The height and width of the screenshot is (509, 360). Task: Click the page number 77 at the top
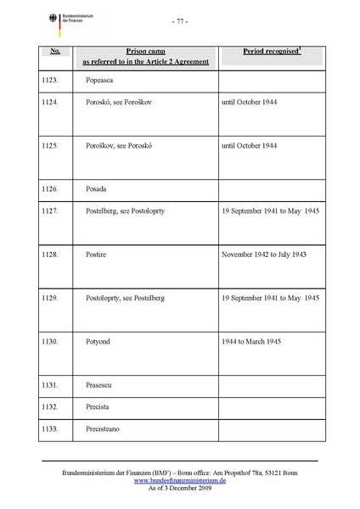coord(179,20)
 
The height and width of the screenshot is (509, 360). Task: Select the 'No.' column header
coord(54,52)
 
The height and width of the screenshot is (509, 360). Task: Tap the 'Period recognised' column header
coord(259,53)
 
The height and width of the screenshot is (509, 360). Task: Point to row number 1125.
coord(52,145)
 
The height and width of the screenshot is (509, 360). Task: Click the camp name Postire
coord(96,254)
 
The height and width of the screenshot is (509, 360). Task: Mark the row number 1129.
coord(52,298)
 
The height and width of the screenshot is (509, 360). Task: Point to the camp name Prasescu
coord(100,386)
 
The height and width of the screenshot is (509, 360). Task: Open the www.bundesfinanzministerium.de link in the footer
coord(179,479)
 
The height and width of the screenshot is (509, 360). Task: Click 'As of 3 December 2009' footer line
coord(179,488)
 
